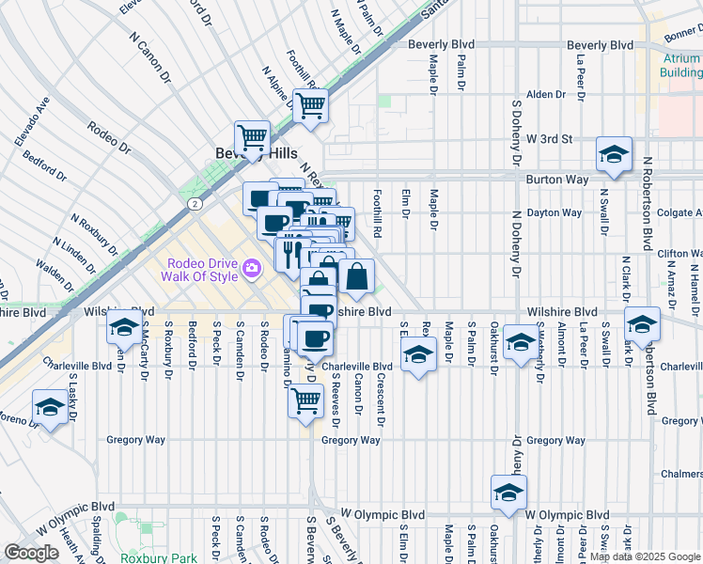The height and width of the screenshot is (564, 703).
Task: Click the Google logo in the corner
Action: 31,553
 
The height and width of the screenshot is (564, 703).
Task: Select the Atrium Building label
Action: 680,65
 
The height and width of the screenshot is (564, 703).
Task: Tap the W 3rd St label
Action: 549,138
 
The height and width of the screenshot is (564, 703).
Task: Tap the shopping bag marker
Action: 357,277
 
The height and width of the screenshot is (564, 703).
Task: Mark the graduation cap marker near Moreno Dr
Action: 50,407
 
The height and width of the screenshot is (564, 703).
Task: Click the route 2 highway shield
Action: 194,203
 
